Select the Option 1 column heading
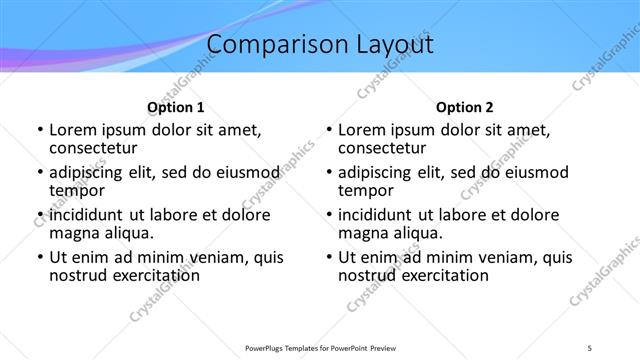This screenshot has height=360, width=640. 176,107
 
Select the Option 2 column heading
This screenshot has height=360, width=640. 465,107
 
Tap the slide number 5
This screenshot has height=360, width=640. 590,347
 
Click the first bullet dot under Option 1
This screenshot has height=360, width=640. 39,130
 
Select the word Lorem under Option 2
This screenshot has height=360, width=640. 361,129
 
